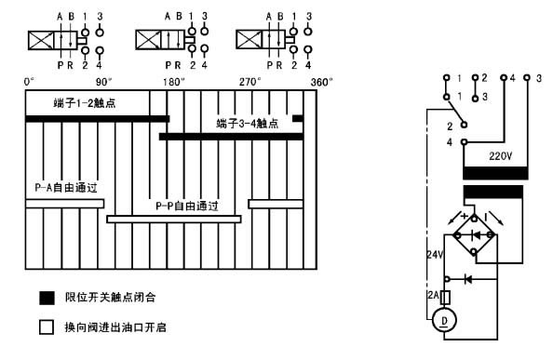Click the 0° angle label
pos(29,82)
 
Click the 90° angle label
pos(103,82)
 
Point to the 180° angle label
pos(173,82)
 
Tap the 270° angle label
pos(250,82)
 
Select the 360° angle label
pos(321,82)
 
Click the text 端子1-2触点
pos(85,103)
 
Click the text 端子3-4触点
pos(248,124)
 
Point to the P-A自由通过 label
pos(66,187)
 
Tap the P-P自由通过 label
pos(187,206)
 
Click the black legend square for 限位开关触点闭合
pos(47,298)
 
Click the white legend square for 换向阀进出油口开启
pos(47,327)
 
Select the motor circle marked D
pos(444,320)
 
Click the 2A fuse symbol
pos(446,298)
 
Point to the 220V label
pos(501,155)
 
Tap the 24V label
pos(435,254)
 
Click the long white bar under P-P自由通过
pos(174,220)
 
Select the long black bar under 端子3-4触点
pos(232,137)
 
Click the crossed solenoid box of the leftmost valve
pos(41,41)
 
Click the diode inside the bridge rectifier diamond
pos(475,235)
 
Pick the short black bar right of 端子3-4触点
pos(298,118)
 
